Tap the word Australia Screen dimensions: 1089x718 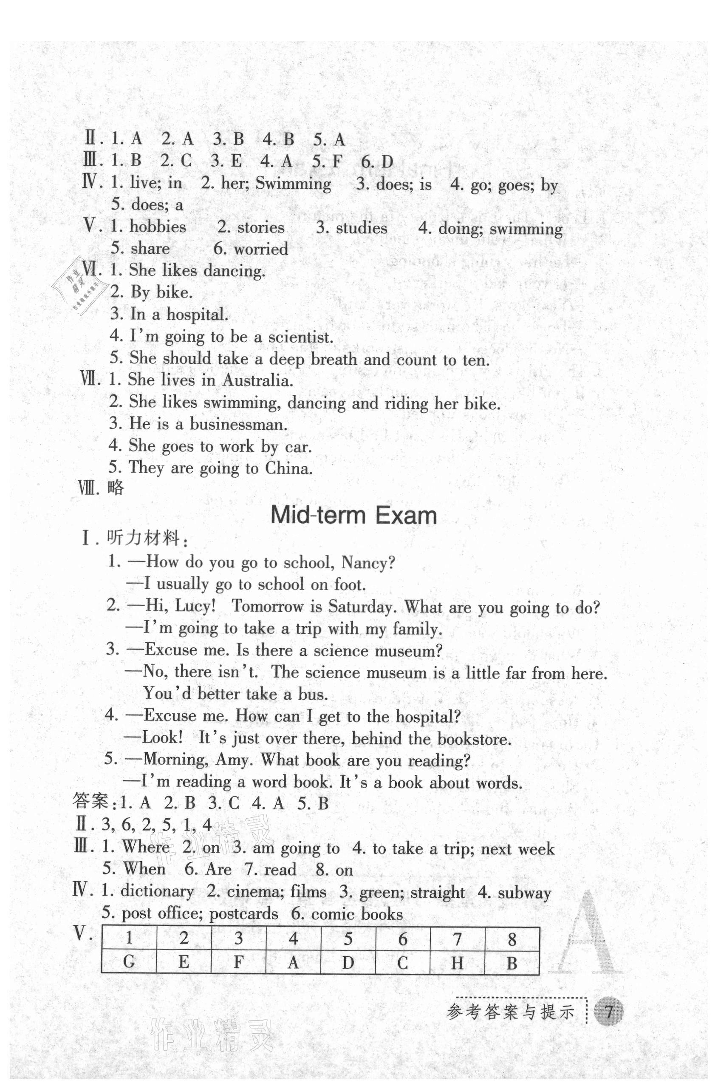click(x=257, y=380)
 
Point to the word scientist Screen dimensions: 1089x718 click(x=300, y=337)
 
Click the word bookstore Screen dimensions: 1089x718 click(x=473, y=739)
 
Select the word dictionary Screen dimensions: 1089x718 click(x=157, y=891)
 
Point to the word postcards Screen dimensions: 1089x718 click(x=243, y=913)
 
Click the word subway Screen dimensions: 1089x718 click(x=524, y=893)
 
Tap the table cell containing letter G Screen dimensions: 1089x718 click(x=129, y=961)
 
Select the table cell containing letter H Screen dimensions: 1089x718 click(x=457, y=961)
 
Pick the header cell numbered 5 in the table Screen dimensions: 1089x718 click(x=348, y=938)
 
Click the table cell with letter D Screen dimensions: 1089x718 click(x=348, y=961)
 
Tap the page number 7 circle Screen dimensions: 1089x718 click(x=608, y=1011)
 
